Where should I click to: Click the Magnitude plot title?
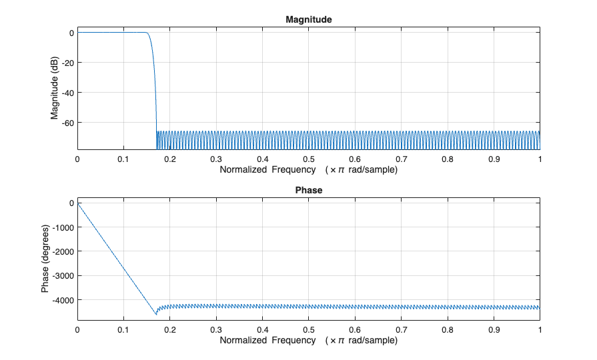(x=308, y=20)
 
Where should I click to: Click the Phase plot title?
(x=308, y=190)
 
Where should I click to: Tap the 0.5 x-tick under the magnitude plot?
(x=308, y=160)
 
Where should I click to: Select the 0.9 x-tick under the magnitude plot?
(x=494, y=160)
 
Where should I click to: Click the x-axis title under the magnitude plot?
(x=308, y=170)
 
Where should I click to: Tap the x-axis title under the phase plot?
(x=308, y=340)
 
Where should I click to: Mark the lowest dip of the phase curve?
(x=156, y=313)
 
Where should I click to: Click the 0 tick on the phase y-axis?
(x=69, y=203)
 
